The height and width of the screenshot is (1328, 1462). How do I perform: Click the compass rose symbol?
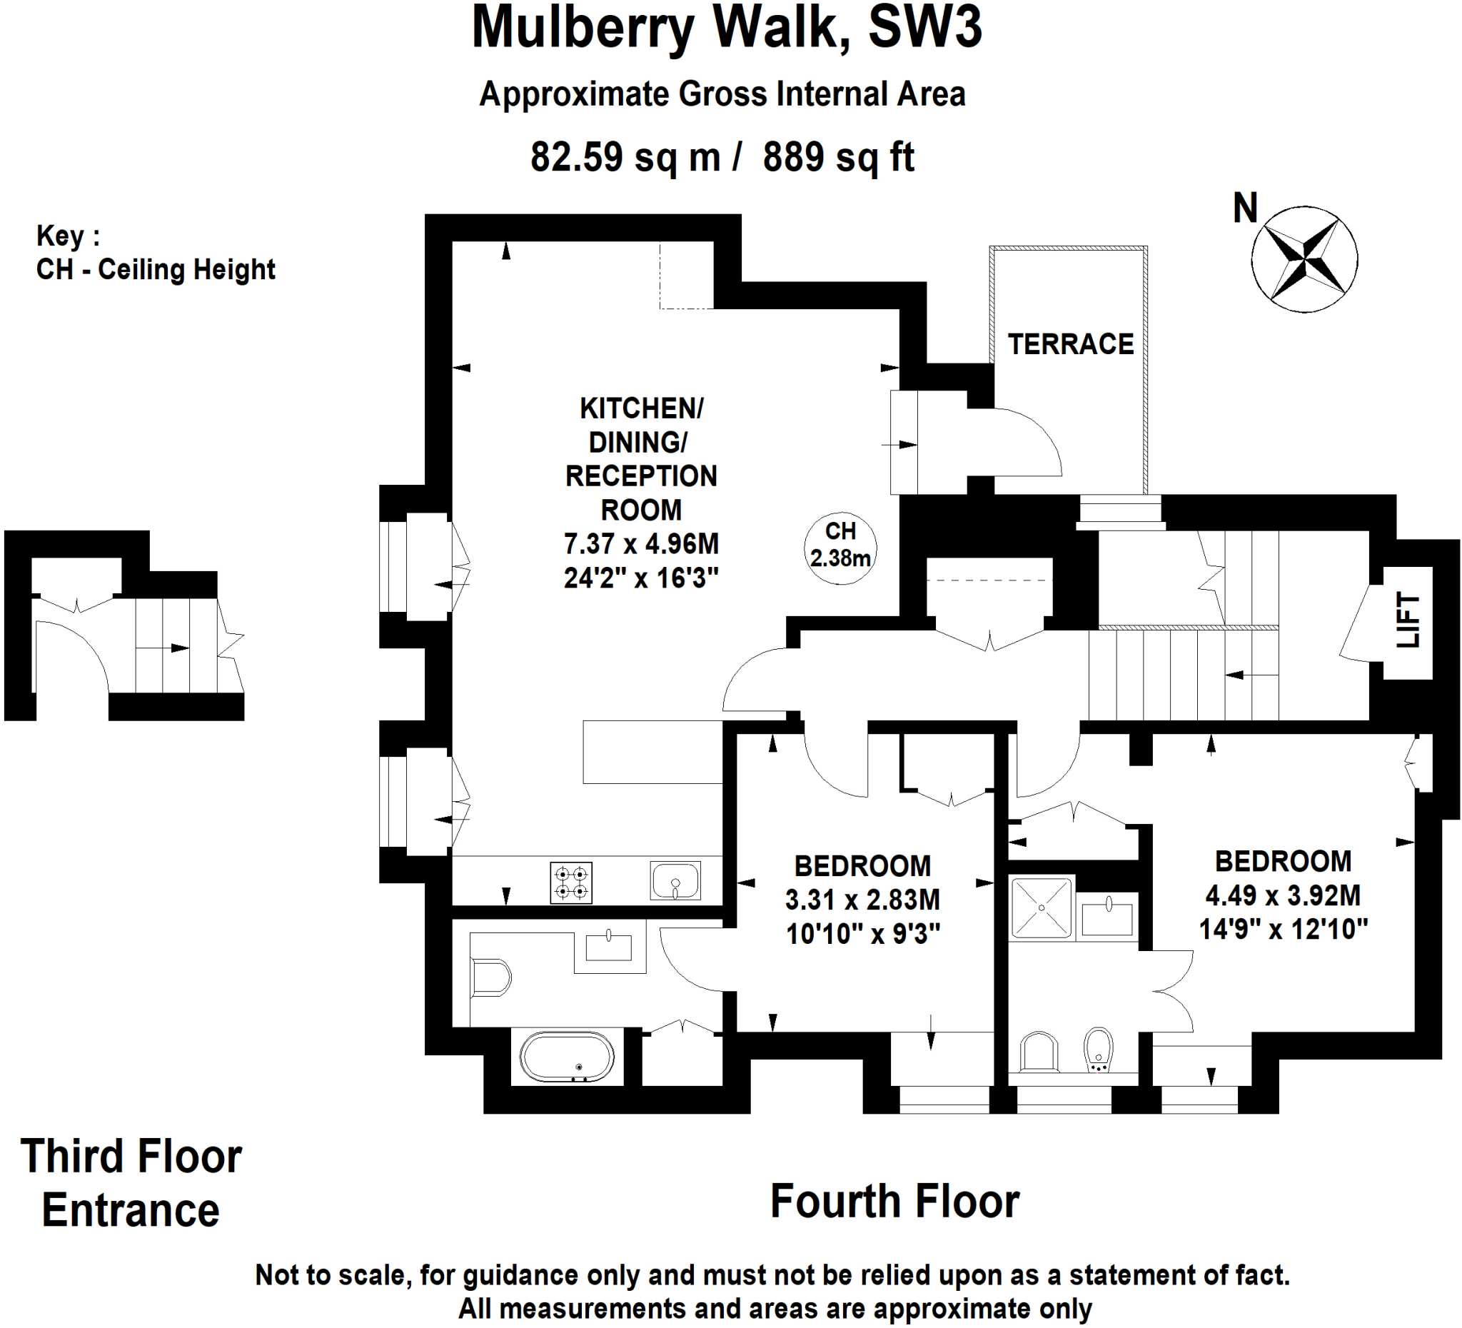click(1304, 260)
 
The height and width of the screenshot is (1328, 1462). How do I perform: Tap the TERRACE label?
click(1070, 345)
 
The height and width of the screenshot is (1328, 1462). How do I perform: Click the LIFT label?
click(1408, 620)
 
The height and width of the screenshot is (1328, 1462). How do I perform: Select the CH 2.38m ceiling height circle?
click(840, 549)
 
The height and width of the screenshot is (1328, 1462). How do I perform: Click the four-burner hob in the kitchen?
click(572, 882)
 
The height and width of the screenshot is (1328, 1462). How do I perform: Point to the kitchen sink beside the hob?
click(675, 880)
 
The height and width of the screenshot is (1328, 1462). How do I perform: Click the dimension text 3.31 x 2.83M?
click(862, 900)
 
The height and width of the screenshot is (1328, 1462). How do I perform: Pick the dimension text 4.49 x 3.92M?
click(1283, 896)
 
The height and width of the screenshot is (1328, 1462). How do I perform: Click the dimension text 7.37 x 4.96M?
click(641, 544)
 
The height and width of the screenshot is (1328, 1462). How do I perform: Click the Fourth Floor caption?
click(895, 1202)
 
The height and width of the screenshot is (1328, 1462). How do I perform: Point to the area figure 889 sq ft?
click(838, 156)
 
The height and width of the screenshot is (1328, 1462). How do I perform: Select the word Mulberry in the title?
click(583, 28)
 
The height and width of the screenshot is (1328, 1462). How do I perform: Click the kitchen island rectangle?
click(652, 752)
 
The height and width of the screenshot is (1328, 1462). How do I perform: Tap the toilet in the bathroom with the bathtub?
click(491, 978)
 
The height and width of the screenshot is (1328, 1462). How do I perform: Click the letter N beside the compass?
click(1245, 208)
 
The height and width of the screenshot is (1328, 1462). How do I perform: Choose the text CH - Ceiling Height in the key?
click(156, 270)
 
